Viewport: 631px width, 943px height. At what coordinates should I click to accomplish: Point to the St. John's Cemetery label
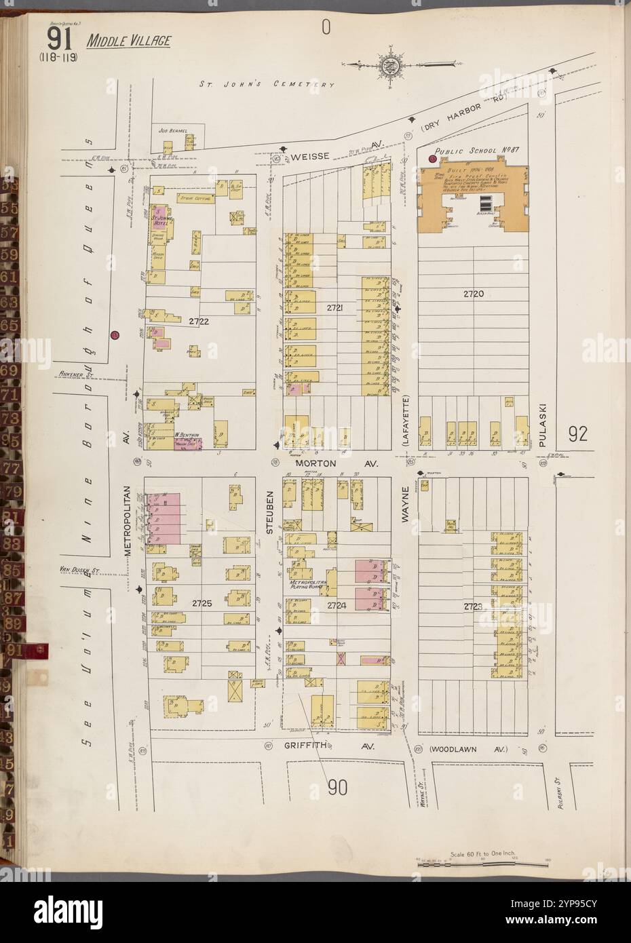click(267, 85)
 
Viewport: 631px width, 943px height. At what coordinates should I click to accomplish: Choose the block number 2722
click(199, 322)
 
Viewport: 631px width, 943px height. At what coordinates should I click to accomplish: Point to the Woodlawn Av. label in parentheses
click(467, 750)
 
